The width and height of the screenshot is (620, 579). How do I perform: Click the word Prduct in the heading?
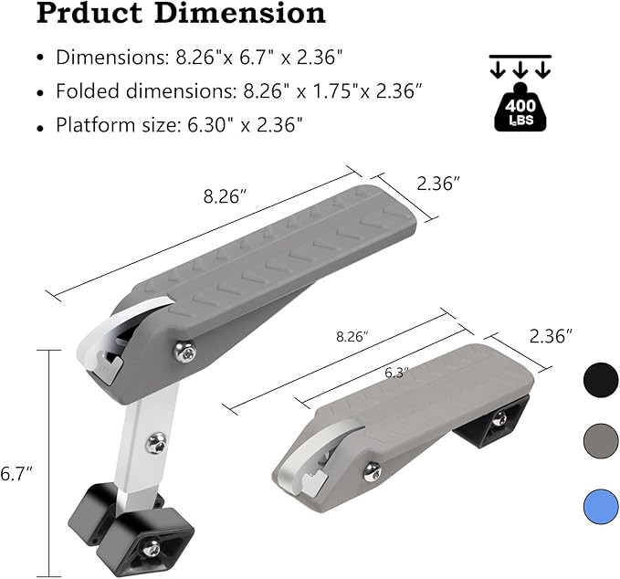[x=89, y=13]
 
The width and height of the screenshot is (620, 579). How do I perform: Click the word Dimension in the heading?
[x=240, y=13]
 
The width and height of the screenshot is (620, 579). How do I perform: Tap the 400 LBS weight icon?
[x=520, y=108]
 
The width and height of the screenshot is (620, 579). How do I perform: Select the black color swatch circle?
[x=601, y=380]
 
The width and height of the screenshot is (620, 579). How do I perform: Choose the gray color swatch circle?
[x=601, y=441]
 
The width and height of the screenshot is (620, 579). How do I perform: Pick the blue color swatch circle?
[x=601, y=507]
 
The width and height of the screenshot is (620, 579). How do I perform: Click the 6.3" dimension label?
[x=396, y=373]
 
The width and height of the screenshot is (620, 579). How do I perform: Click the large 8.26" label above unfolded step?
[x=225, y=196]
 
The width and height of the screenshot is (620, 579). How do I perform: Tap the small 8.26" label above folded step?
[x=352, y=337]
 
